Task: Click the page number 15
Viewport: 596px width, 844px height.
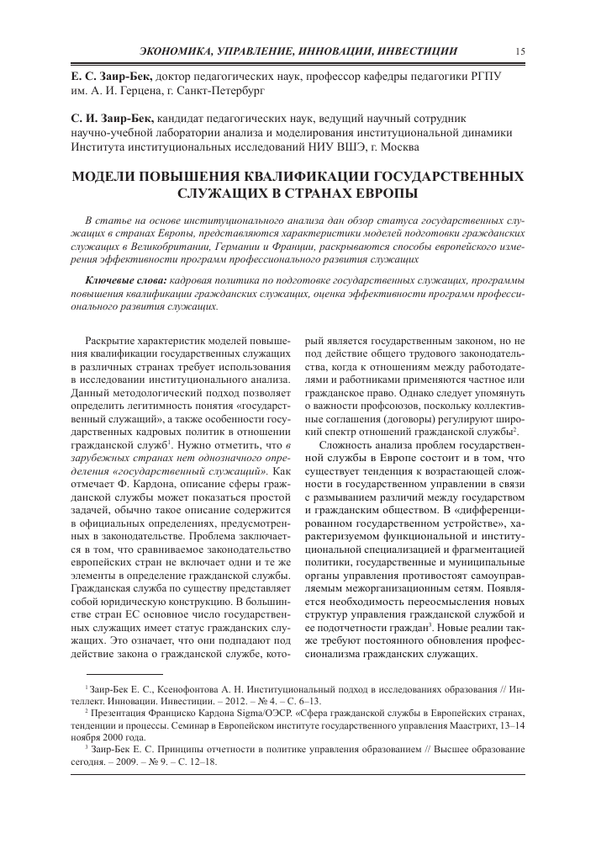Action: [521, 51]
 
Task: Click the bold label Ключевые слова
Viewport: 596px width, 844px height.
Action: [125, 279]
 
